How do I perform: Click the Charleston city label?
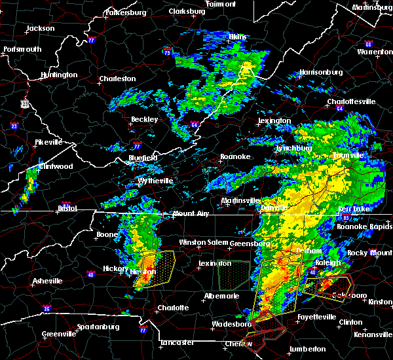coord(117,79)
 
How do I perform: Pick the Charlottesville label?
coord(351,102)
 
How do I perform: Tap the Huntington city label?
coord(58,75)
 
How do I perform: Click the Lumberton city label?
coord(308,349)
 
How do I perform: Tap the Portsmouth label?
coord(22,50)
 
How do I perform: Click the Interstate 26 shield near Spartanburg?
coord(47,308)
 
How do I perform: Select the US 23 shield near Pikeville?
coord(24,103)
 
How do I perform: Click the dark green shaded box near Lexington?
coord(234,275)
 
